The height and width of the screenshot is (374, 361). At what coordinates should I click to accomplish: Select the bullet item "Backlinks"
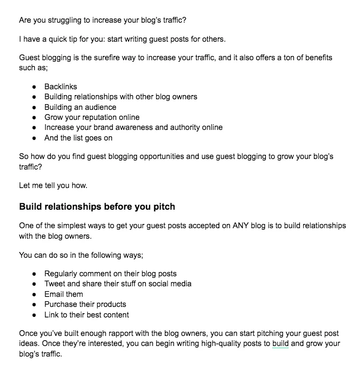pos(61,86)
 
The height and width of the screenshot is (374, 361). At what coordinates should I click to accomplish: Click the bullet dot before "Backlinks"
pos(34,87)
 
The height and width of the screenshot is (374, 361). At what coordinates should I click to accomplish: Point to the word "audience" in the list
pos(100,107)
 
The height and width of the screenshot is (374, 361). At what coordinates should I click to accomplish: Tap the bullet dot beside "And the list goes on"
pos(34,138)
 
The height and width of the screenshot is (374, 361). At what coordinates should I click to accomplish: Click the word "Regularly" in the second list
pos(62,274)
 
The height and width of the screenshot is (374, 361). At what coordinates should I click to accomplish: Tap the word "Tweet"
pos(55,284)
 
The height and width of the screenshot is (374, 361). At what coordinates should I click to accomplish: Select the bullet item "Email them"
pos(63,294)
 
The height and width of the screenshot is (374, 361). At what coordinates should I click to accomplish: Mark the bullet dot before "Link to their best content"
pos(34,315)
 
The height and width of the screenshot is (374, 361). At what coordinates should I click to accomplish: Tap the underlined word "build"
pos(280,344)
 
